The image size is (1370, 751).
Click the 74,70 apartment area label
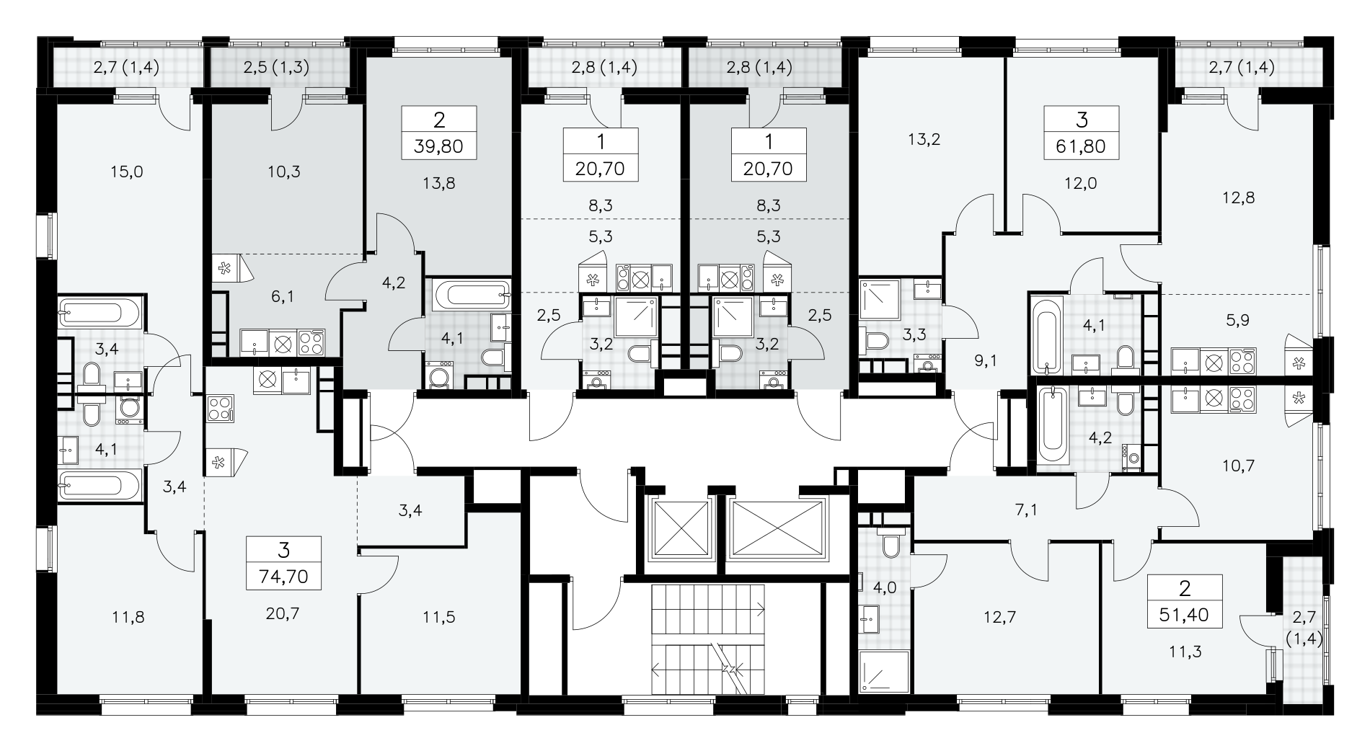click(x=283, y=577)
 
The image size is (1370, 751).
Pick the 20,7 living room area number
click(x=283, y=613)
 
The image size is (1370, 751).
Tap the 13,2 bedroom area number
click(x=925, y=140)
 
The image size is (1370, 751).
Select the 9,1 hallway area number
click(x=985, y=360)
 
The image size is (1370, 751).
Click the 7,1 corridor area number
click(x=1026, y=511)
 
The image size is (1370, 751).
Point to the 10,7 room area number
click(x=1239, y=466)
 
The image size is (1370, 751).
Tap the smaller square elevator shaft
click(x=680, y=527)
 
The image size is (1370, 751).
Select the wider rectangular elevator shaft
click(x=777, y=527)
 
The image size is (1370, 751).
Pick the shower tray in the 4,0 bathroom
click(x=883, y=670)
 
